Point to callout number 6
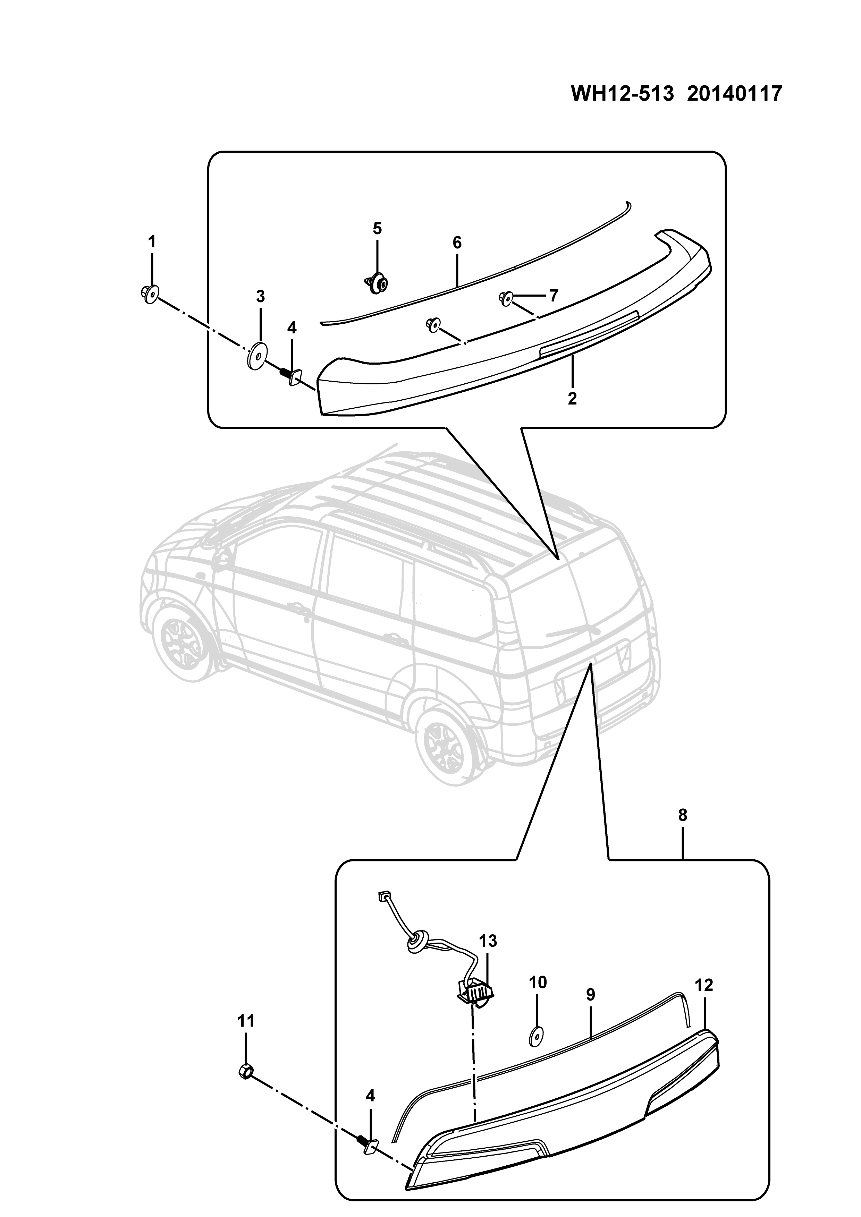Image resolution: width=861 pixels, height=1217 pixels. [x=457, y=243]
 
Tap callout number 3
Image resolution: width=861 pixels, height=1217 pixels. [x=260, y=297]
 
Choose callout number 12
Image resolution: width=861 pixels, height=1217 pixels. [x=704, y=985]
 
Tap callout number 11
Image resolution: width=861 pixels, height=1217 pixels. [x=246, y=1021]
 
